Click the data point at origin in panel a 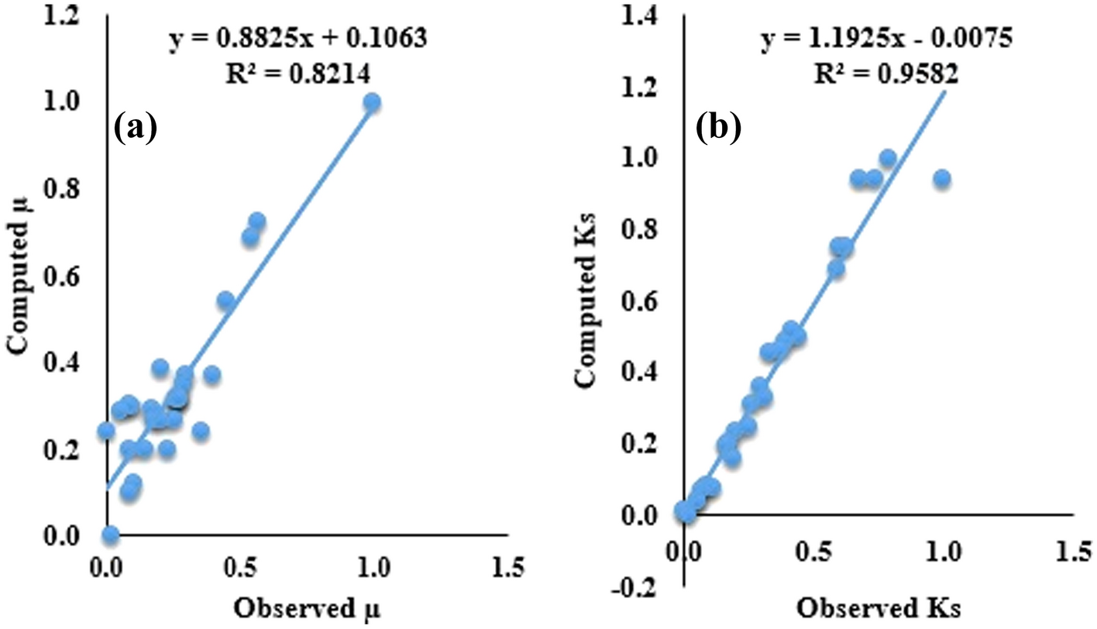click(x=110, y=534)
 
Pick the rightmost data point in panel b click(x=942, y=179)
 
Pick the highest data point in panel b click(x=888, y=158)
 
